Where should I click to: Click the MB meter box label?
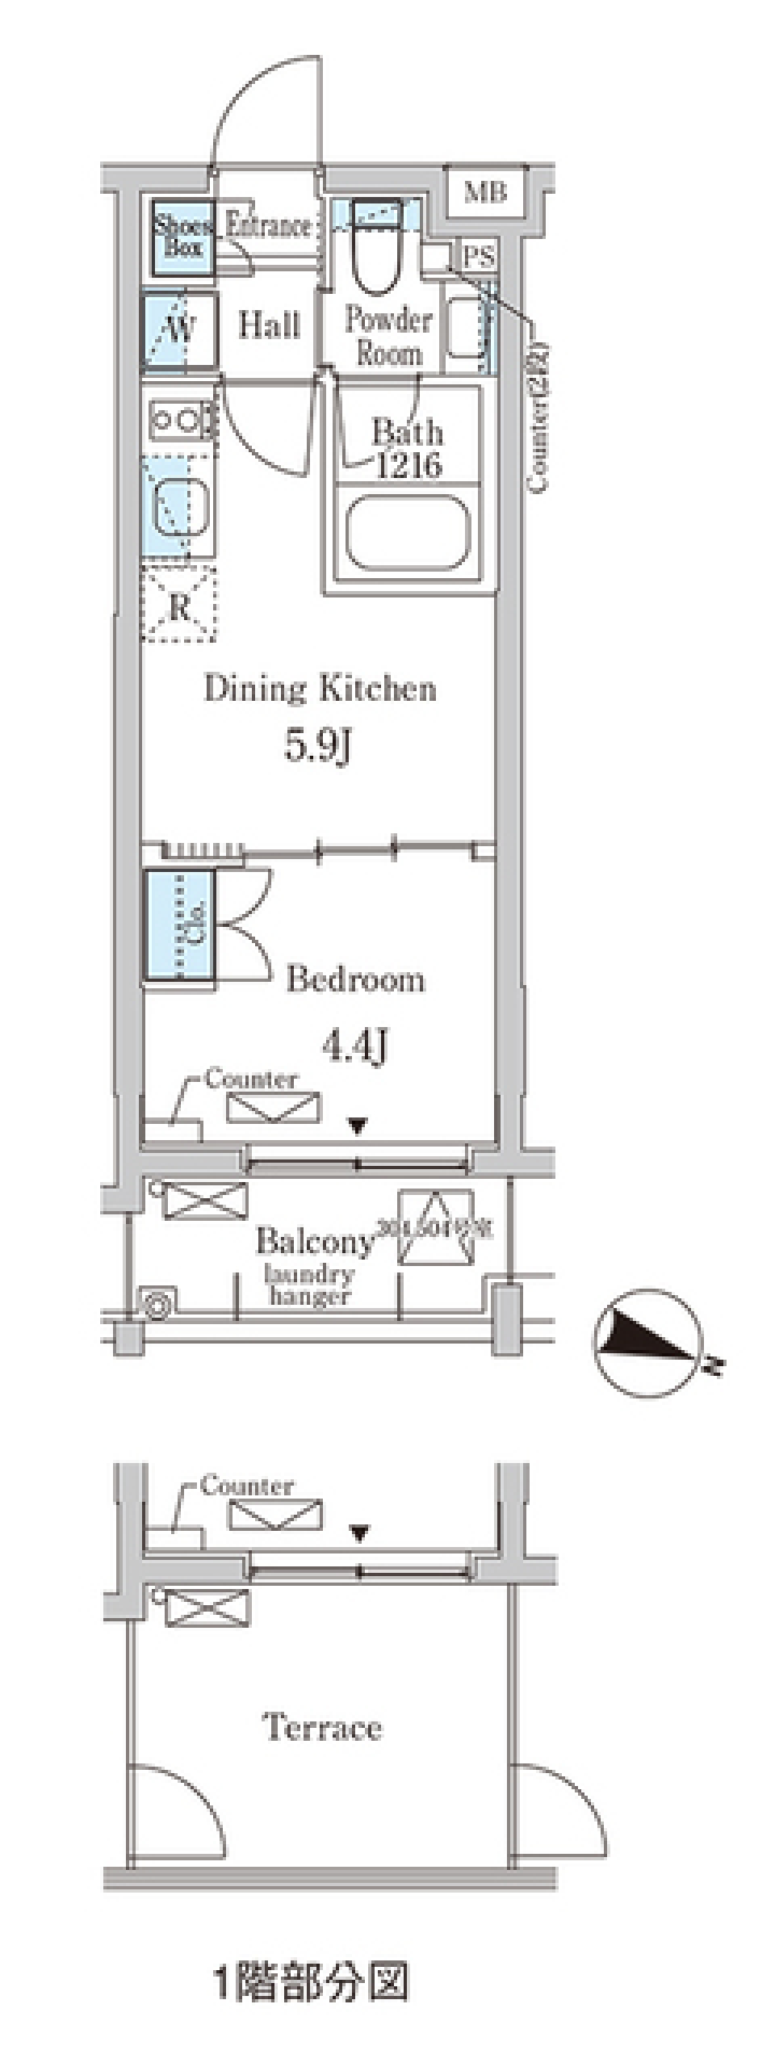pyautogui.click(x=486, y=192)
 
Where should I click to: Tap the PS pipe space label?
pyautogui.click(x=478, y=256)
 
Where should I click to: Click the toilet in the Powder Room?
pyautogui.click(x=377, y=246)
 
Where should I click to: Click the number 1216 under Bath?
pyautogui.click(x=408, y=466)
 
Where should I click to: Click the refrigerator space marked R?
pyautogui.click(x=179, y=606)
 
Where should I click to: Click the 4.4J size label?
pyautogui.click(x=355, y=1046)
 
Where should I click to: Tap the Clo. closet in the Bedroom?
pyautogui.click(x=179, y=925)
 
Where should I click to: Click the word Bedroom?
pyautogui.click(x=355, y=979)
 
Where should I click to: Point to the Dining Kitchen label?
pyautogui.click(x=320, y=688)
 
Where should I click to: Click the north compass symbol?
pyautogui.click(x=647, y=1342)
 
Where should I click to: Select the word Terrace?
pyautogui.click(x=322, y=1727)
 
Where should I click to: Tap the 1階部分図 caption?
pyautogui.click(x=311, y=1980)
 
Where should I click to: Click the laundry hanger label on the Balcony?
pyautogui.click(x=309, y=1285)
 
